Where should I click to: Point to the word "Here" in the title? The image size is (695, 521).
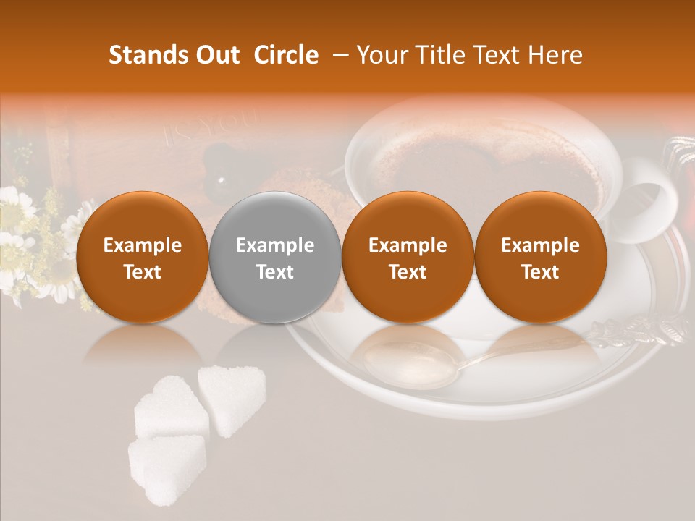pos(557,55)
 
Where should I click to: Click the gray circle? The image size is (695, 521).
pos(275,258)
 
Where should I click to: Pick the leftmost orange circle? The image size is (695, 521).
pos(143,258)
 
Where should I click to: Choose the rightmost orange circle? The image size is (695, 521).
pos(541,258)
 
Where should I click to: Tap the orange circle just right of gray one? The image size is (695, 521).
pos(408,258)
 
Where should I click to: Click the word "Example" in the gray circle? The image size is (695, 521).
pos(275,245)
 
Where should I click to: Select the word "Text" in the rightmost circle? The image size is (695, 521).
pos(541,272)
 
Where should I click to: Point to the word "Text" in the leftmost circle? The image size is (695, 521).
pos(143,272)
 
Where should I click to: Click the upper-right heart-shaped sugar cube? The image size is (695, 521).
pos(232,398)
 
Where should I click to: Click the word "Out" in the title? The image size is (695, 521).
pos(216,55)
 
